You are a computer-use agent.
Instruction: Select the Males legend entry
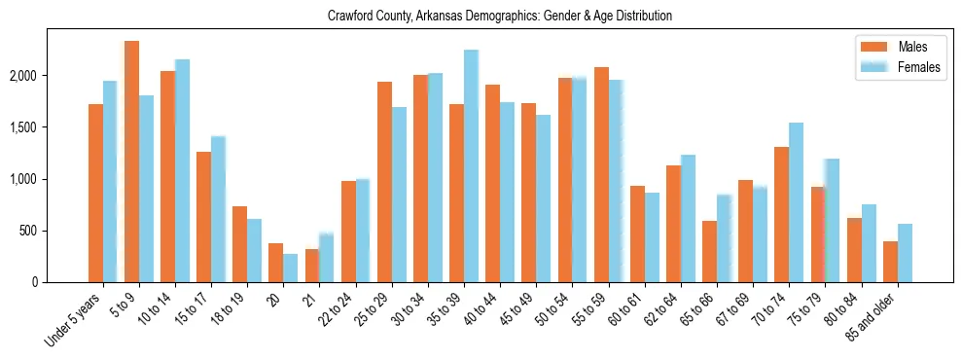point(899,47)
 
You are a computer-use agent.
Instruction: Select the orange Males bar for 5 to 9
point(131,162)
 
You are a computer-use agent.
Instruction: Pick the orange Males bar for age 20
point(276,263)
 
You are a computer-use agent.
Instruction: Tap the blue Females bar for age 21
point(327,258)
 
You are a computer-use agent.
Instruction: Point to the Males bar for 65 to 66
point(709,251)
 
